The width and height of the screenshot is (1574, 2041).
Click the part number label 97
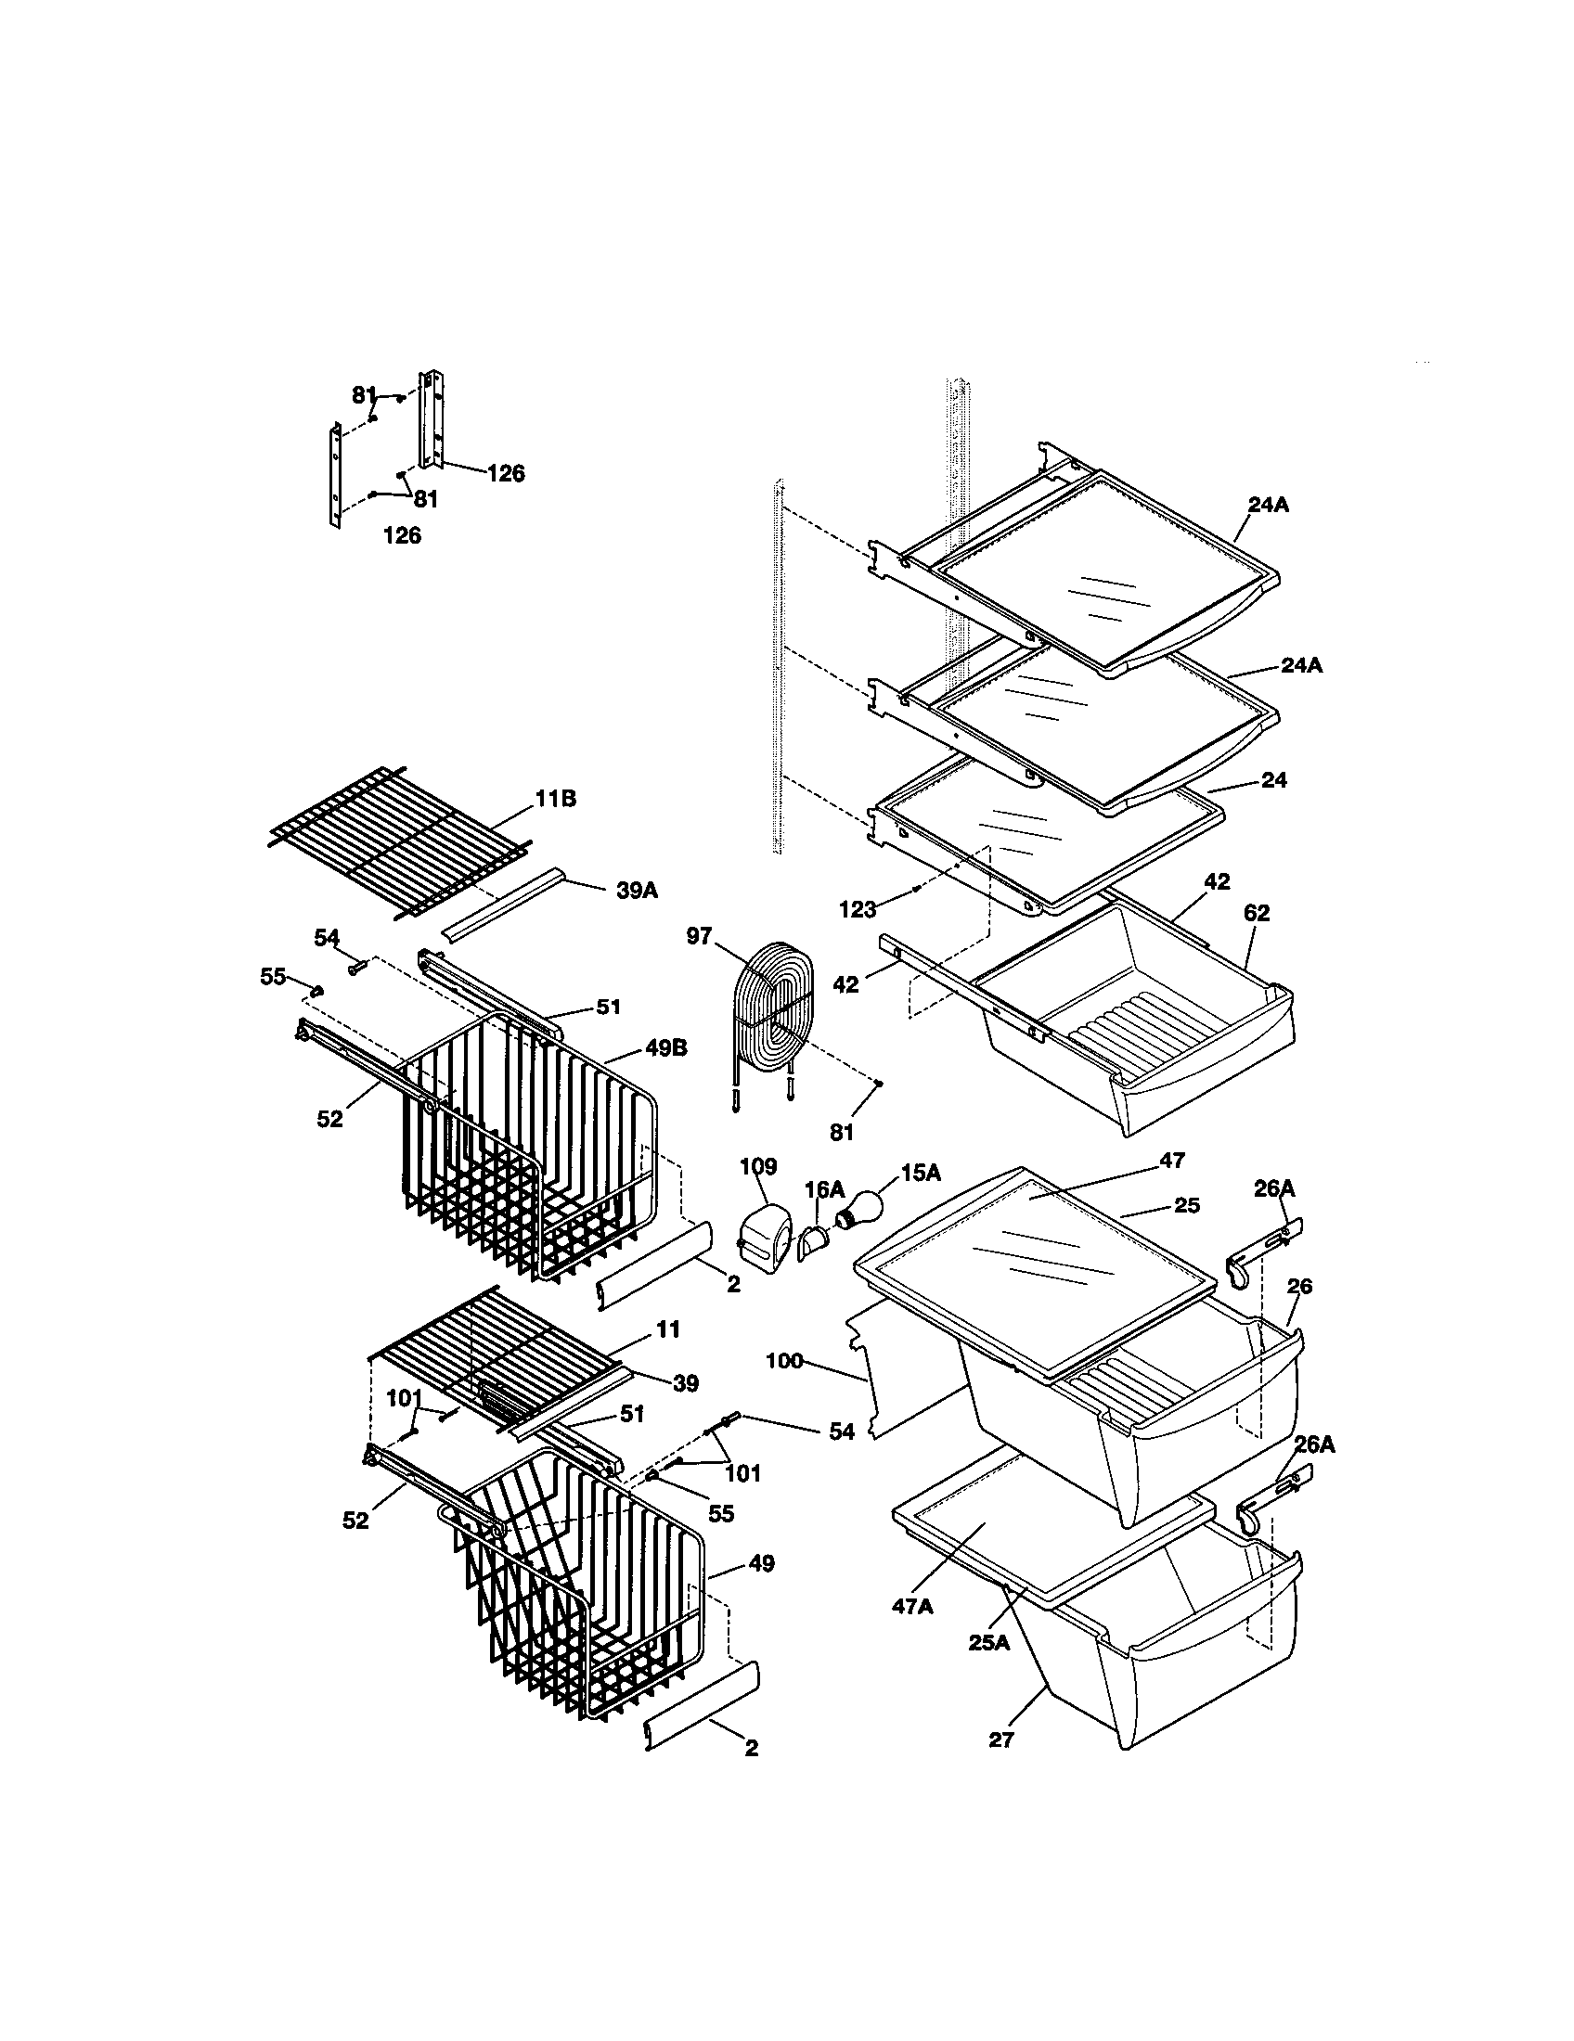click(x=699, y=935)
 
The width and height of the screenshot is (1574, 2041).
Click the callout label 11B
click(x=555, y=799)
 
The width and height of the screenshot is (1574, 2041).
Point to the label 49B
click(x=665, y=1048)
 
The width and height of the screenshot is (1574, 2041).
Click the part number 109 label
click(x=758, y=1165)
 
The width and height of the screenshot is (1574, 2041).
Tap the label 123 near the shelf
click(x=858, y=908)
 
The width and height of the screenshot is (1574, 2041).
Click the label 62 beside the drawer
click(x=1257, y=913)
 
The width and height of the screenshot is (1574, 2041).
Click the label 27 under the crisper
click(x=1001, y=1740)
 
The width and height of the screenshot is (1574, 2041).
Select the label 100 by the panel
click(x=784, y=1361)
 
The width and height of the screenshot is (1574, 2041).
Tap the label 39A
click(x=637, y=891)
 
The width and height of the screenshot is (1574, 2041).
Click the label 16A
click(x=824, y=1188)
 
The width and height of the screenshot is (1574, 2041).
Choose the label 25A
click(x=989, y=1642)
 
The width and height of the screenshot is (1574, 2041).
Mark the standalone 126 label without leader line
click(x=402, y=535)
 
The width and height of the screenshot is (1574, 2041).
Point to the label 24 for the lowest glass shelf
click(x=1274, y=779)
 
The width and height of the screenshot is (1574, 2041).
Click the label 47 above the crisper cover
click(x=1172, y=1161)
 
